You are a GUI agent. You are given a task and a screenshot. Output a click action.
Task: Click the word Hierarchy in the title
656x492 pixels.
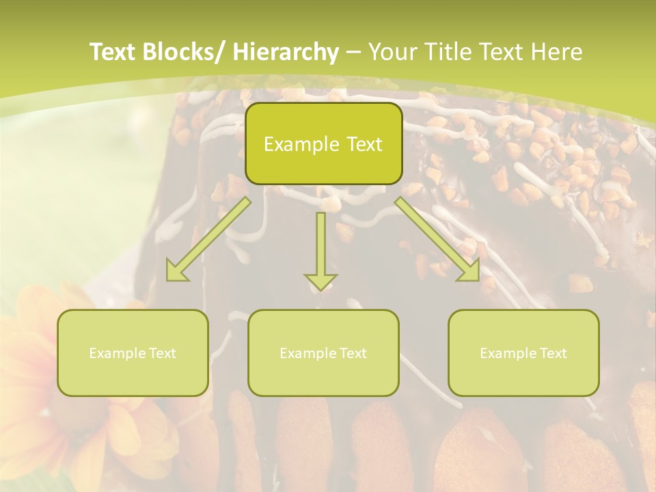coord(286,52)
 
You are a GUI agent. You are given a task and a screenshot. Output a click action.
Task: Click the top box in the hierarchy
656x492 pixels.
coord(323,143)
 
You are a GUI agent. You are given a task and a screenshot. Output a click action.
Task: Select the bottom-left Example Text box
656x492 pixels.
coord(133,353)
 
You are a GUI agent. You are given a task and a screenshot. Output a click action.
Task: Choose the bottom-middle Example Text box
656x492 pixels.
coord(323,353)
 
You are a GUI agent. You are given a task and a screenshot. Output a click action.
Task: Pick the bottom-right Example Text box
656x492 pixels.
coord(523,353)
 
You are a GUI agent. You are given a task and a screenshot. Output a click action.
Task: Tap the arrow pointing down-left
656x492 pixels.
coord(209,238)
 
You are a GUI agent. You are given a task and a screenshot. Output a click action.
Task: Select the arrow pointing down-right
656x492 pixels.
coord(437,238)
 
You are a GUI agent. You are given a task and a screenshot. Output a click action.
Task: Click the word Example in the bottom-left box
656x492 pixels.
coord(118,353)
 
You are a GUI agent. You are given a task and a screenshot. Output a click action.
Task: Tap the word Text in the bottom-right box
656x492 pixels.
coord(552,353)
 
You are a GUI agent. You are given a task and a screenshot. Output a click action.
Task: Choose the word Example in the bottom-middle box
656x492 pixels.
coord(308,353)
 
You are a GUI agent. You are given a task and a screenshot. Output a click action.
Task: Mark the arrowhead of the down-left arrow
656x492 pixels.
coord(176,271)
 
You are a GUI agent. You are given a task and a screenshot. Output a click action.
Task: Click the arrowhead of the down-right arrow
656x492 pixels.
coord(469,271)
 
